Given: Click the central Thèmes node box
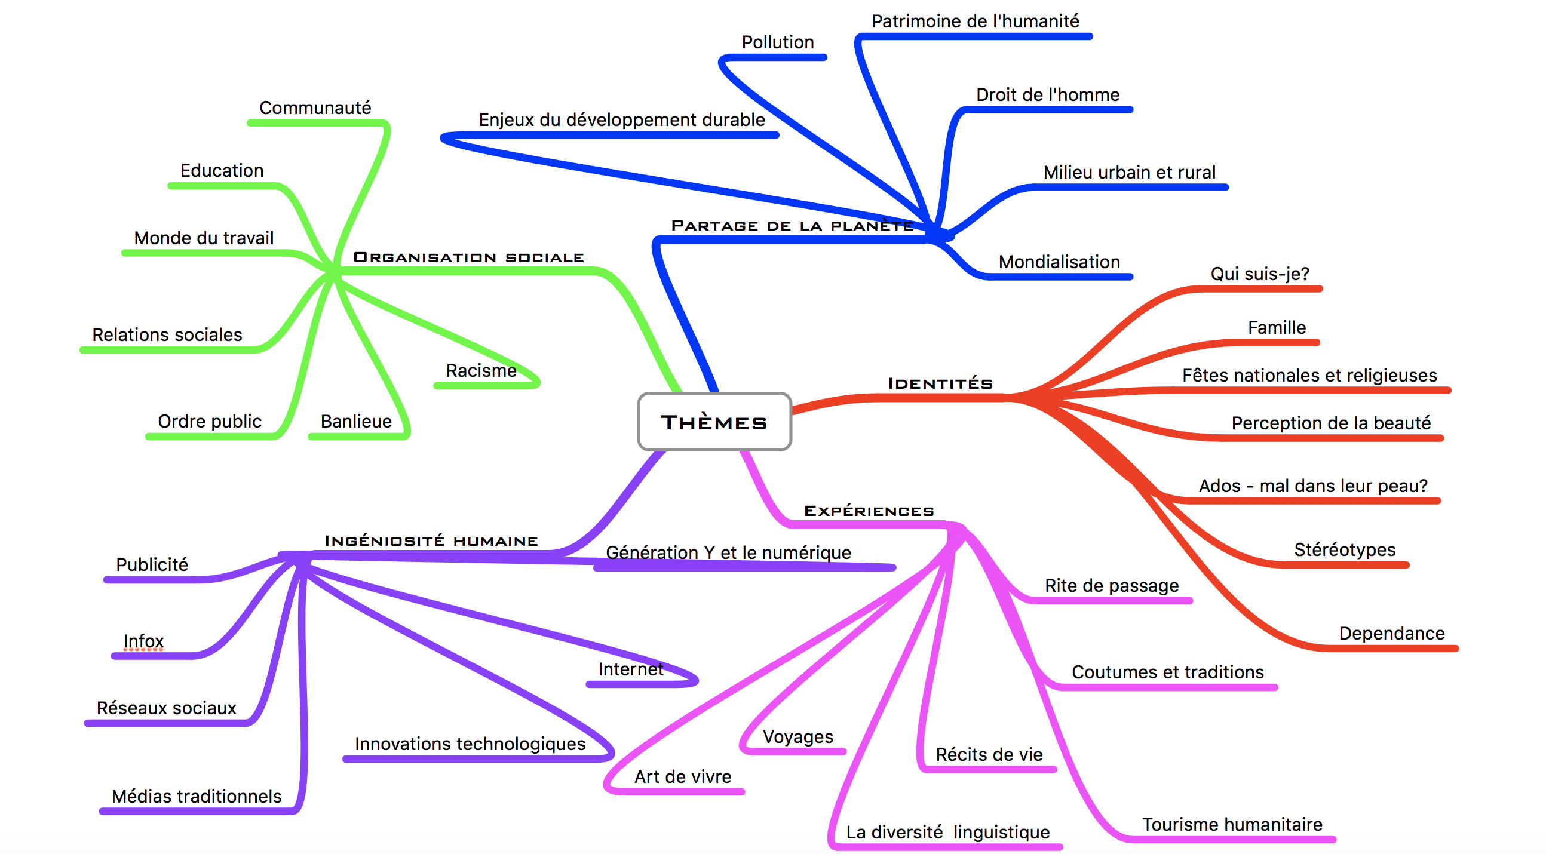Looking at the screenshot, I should [x=714, y=422].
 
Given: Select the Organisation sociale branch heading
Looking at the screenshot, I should [x=468, y=257].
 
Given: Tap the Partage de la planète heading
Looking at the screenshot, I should [x=792, y=226].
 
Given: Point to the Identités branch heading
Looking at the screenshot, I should [x=940, y=383].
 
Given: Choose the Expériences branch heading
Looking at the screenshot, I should [x=869, y=511].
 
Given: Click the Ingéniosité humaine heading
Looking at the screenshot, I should [x=431, y=540].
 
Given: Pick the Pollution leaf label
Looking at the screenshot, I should [x=777, y=42].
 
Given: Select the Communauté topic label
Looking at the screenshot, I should [x=315, y=107].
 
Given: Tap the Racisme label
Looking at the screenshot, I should [x=481, y=370].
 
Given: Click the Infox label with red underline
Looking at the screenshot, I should [x=143, y=641].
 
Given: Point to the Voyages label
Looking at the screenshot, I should [x=797, y=736].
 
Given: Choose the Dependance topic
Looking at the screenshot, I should [x=1391, y=633].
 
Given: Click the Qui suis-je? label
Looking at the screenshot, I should [x=1259, y=274].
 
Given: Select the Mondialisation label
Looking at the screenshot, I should [x=1059, y=262].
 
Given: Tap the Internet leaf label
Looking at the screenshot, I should [x=630, y=669].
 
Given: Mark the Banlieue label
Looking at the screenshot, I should [x=356, y=421].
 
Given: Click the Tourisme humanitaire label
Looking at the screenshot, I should [x=1232, y=824].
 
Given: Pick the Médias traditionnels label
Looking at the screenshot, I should [x=197, y=797].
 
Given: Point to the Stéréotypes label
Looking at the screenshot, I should [x=1344, y=549].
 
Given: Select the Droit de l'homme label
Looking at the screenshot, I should [x=1047, y=94].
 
